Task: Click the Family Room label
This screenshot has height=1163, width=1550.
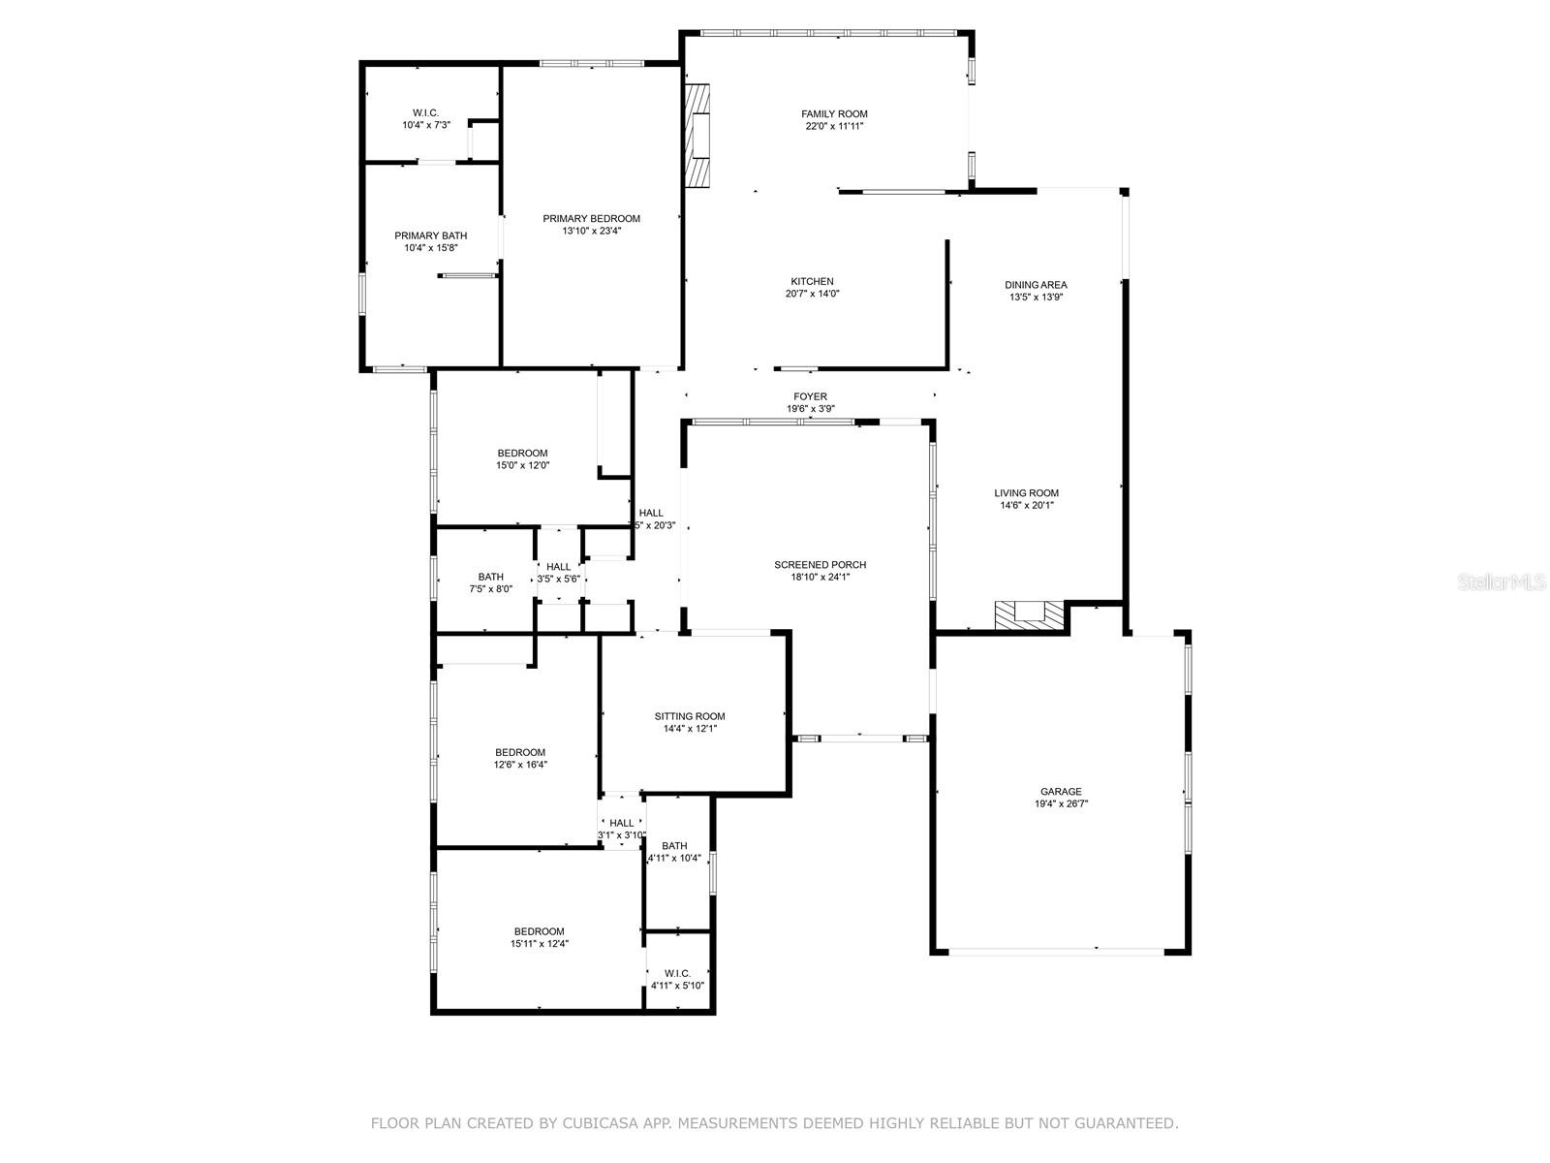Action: point(834,114)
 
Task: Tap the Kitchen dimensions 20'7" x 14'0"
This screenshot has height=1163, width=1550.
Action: point(812,294)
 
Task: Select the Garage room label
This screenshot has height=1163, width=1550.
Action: point(1061,792)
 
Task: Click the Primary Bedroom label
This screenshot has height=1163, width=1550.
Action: point(591,219)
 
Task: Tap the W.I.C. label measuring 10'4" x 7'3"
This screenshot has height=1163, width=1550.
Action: point(426,113)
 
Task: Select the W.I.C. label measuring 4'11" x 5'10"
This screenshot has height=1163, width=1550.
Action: point(677,973)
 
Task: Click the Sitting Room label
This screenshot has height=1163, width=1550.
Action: point(689,717)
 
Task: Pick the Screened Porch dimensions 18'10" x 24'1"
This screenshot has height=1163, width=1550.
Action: point(820,578)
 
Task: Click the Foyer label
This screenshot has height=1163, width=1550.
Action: point(810,396)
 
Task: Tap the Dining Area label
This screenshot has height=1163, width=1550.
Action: point(1036,285)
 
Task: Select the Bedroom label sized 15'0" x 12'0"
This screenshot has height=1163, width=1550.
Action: point(522,454)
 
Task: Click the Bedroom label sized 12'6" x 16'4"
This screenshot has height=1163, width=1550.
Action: point(520,753)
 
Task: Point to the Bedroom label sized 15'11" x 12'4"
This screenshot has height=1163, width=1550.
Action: point(539,932)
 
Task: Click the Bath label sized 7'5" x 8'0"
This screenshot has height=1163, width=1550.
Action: point(490,578)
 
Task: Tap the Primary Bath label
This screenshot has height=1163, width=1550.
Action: point(430,236)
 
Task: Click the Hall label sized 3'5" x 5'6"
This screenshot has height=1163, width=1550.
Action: point(558,567)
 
